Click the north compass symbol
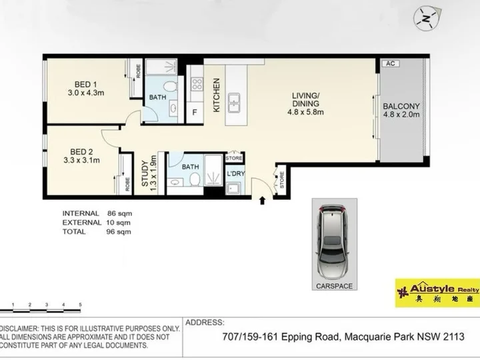tap(427, 19)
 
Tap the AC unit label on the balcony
tap(390, 63)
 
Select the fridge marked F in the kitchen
tap(195, 113)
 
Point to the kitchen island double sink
tap(234, 103)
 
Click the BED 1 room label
tap(86, 84)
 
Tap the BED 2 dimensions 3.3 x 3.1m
tap(82, 160)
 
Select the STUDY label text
tap(145, 173)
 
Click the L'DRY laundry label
tap(236, 173)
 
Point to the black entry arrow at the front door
tap(262, 201)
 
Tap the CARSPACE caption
tap(334, 286)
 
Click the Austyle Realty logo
tap(437, 293)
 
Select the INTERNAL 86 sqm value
tap(120, 213)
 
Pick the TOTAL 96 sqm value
tap(119, 232)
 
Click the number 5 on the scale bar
tap(80, 305)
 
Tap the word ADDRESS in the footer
tap(205, 323)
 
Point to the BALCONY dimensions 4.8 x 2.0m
tap(401, 115)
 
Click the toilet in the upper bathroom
tap(170, 86)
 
